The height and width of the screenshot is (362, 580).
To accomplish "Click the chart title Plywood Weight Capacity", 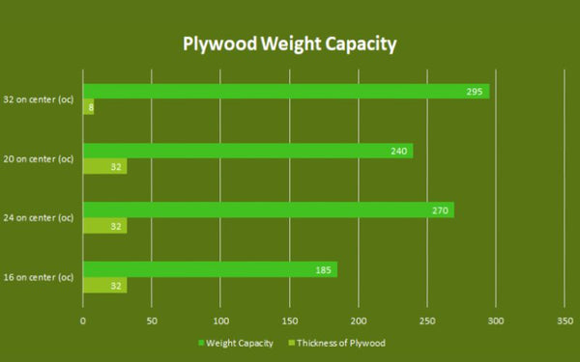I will point(290,44).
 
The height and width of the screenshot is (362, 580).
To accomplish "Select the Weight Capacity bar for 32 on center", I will point(285,92).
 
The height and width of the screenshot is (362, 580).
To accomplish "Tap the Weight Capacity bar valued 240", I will point(247,151).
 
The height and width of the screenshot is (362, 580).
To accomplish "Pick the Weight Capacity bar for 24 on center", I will point(268,209).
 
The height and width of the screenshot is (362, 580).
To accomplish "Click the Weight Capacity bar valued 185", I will point(209,269).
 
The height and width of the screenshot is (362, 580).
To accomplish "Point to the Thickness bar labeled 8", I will point(88,106).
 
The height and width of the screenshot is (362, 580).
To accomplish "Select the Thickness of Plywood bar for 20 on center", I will point(104,166).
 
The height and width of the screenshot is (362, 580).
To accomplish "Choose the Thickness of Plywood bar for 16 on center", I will point(104,285).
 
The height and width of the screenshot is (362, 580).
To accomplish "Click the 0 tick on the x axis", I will point(83,320).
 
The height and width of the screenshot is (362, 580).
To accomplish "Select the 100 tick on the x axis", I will point(220,320).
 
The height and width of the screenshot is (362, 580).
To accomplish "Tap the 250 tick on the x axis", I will point(427,320).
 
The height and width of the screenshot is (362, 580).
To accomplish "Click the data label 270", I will point(440,209).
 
